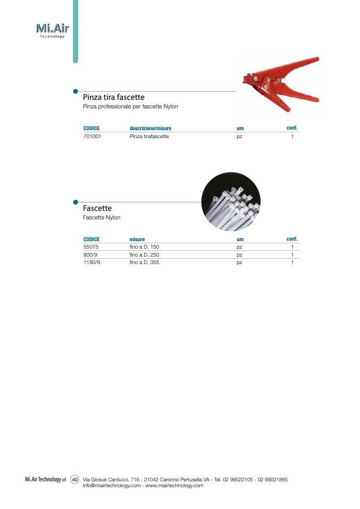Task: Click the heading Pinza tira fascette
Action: [x=114, y=98]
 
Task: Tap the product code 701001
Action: [x=93, y=137]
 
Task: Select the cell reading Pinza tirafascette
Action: [x=149, y=137]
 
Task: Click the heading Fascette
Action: [x=97, y=209]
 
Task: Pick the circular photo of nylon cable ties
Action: [x=231, y=201]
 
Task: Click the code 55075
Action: [x=91, y=247]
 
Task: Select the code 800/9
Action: [x=90, y=254]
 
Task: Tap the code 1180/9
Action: [x=92, y=262]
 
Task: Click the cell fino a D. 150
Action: [x=145, y=247]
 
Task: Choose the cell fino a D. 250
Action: [x=145, y=254]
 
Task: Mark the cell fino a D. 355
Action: [x=145, y=262]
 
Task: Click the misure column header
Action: [x=137, y=240]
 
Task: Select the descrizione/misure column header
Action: [x=150, y=129]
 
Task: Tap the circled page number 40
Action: [x=75, y=480]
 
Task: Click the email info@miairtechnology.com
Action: [x=112, y=486]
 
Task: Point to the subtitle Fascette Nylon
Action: [x=102, y=218]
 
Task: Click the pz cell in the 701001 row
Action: [x=240, y=137]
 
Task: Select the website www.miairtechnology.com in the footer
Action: [x=174, y=486]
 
